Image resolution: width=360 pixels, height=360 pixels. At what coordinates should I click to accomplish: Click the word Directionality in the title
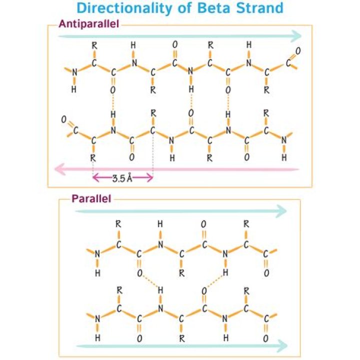coord(124,8)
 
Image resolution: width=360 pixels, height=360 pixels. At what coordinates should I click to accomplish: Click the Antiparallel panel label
coord(89,24)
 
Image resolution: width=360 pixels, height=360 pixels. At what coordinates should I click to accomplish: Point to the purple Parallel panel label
coord(91,198)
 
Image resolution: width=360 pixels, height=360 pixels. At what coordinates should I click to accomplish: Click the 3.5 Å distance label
coord(122,178)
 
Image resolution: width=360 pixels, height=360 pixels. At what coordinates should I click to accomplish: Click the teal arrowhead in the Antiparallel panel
coord(296,36)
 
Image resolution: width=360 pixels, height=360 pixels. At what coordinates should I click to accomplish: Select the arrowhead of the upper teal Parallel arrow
coord(281,211)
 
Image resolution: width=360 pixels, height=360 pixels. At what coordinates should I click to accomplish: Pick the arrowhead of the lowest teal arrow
coord(282,346)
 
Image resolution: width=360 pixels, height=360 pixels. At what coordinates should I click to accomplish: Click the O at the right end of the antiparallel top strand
coord(298,51)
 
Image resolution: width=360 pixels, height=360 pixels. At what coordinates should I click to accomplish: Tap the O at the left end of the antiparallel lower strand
coord(64,119)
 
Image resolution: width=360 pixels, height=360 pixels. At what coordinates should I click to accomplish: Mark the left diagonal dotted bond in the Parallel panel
coord(149,281)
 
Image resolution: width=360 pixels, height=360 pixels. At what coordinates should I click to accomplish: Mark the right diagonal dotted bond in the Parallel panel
coord(215,281)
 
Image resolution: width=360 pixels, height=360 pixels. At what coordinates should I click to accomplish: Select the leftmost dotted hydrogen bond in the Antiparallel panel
coord(112,102)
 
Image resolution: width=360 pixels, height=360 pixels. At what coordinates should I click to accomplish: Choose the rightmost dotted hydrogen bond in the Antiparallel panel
coord(228,102)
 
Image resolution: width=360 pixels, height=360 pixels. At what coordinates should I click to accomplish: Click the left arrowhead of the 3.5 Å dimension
coord(95,177)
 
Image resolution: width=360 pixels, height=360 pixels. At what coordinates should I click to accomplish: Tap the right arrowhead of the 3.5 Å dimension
coord(150,177)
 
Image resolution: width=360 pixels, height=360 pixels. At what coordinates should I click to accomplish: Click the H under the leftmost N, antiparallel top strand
coord(74,89)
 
